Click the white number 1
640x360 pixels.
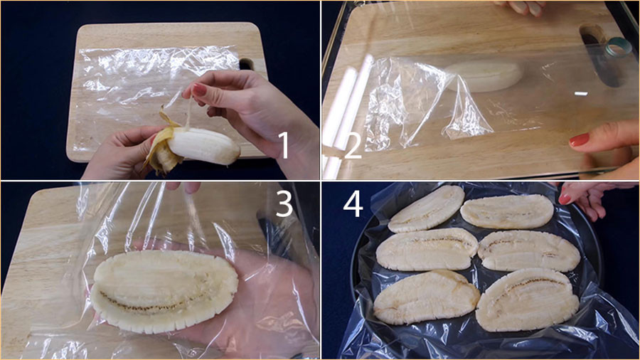[x=284, y=145]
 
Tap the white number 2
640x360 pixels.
[x=353, y=146]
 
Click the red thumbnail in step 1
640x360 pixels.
[x=199, y=89]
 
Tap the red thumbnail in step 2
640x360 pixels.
[x=580, y=139]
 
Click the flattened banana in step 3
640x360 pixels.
[x=164, y=290]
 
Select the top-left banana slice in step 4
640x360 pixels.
[x=426, y=208]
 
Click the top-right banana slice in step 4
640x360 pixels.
[x=507, y=211]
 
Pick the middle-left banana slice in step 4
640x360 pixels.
[x=427, y=249]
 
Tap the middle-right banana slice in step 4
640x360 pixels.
[x=529, y=250]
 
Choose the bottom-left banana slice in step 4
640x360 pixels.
[x=426, y=297]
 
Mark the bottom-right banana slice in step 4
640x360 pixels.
[x=528, y=300]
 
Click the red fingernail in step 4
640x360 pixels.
[x=565, y=198]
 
